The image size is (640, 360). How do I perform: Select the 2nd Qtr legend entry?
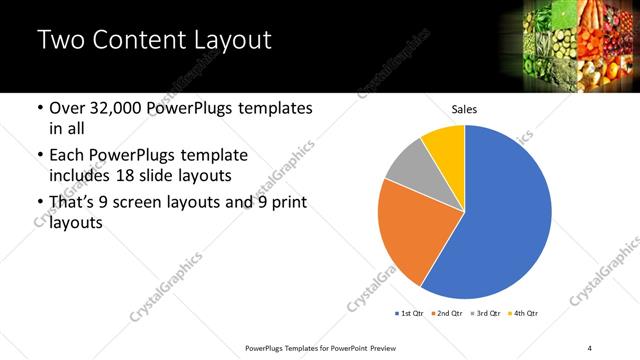click(x=447, y=314)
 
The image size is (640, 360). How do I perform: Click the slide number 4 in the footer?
click(x=590, y=347)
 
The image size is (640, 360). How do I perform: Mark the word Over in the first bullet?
click(x=68, y=109)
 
